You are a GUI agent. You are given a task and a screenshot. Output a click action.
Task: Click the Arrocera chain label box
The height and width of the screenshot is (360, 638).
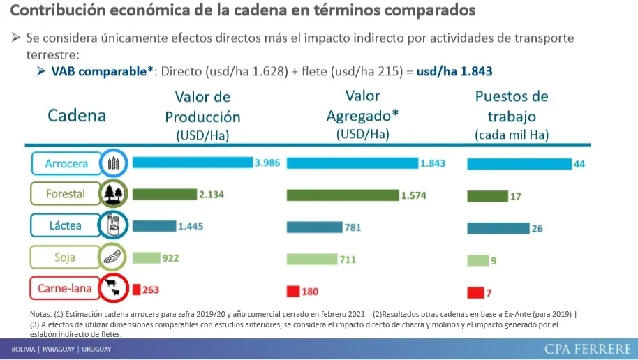(x=66, y=164)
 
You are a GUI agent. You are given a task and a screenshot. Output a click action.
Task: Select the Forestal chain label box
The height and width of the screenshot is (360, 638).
(x=66, y=194)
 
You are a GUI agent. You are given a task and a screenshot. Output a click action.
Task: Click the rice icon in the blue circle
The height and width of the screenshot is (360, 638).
(x=113, y=163)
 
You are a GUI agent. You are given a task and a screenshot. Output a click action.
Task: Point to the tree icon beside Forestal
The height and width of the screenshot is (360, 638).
(x=112, y=194)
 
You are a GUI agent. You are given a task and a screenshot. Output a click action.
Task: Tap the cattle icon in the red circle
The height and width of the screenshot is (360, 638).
(x=112, y=287)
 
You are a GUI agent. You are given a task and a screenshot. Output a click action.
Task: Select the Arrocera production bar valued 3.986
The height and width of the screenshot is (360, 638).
(x=192, y=163)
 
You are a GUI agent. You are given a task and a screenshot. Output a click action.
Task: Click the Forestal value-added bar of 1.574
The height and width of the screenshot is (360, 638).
(x=342, y=195)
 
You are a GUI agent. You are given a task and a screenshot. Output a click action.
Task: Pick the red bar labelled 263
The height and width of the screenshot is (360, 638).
(x=137, y=289)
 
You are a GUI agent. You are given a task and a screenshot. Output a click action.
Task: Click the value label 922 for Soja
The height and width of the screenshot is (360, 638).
(x=171, y=258)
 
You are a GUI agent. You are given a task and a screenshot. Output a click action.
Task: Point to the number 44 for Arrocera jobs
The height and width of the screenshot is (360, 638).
(x=579, y=164)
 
